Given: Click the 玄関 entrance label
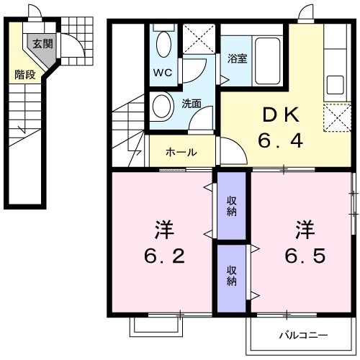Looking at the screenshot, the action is point(42,44).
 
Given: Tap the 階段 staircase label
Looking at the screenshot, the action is point(25,74).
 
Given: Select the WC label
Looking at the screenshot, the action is point(163,72).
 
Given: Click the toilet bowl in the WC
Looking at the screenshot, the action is point(164,45).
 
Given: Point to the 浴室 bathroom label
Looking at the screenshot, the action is point(238,58).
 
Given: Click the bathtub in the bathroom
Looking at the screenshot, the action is point(268,61).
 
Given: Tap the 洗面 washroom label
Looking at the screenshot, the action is point(192,104).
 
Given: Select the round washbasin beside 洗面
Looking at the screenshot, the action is point(162,107).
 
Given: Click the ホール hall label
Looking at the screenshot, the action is point(181,152).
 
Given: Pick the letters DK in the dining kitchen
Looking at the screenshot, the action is point(281,115).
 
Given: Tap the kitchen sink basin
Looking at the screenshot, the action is point(336,85).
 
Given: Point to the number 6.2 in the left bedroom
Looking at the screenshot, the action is point(164,256).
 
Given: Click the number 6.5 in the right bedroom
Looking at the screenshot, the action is point(305,256).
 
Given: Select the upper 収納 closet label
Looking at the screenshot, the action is point(232,206).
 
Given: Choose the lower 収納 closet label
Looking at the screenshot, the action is point(232,276).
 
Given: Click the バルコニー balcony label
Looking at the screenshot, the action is point(303,335).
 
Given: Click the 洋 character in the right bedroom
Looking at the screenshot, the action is point(305,230).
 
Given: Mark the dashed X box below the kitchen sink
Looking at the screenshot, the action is point(337,117).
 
